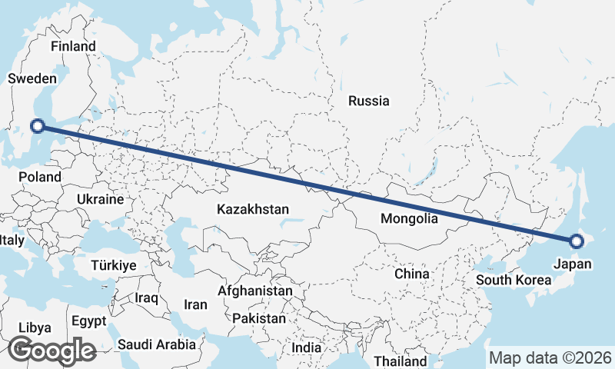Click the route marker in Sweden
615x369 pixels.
click(36, 125)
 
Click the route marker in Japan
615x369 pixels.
click(577, 241)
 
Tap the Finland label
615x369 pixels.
click(73, 46)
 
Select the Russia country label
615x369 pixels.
click(368, 101)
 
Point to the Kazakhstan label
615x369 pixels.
click(253, 209)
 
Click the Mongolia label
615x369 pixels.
click(409, 218)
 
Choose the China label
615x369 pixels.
click(411, 274)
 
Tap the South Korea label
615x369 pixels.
click(508, 280)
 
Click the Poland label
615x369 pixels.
click(40, 177)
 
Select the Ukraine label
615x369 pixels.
click(100, 199)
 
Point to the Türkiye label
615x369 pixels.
click(113, 265)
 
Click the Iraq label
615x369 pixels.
click(146, 298)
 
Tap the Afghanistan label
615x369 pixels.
click(254, 291)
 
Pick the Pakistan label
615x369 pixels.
click(259, 318)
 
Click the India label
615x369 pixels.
click(307, 347)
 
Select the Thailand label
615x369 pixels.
click(400, 361)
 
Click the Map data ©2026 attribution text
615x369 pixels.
click(550, 357)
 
